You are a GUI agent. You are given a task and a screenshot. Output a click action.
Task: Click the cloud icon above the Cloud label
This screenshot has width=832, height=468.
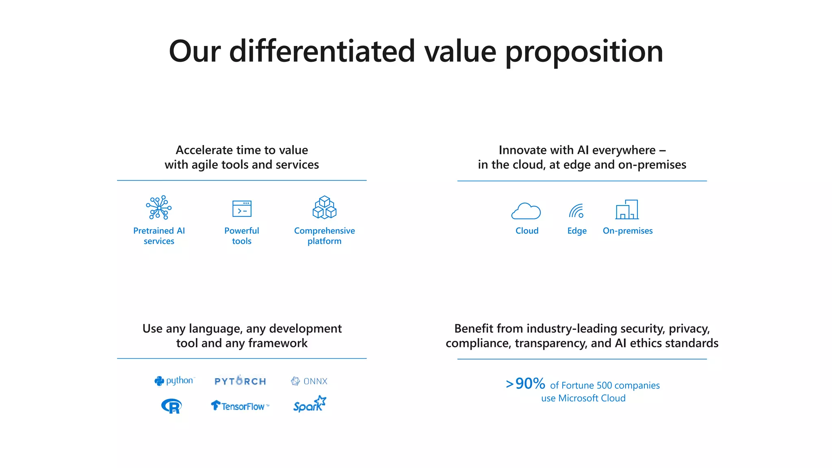[526, 211]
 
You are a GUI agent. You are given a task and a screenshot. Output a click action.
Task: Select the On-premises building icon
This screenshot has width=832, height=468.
[627, 210]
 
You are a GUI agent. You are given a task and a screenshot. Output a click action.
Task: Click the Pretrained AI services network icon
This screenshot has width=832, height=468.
[159, 208]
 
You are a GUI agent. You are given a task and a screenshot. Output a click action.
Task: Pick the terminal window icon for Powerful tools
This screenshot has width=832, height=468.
[242, 209]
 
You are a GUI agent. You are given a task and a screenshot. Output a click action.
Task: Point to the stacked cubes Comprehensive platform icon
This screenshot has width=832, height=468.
[324, 208]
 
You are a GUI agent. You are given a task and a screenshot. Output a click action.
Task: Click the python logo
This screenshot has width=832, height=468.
[175, 381]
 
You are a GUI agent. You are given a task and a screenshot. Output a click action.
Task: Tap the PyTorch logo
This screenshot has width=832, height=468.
[240, 381]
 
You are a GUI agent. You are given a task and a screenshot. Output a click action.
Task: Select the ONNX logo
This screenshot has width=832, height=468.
[309, 381]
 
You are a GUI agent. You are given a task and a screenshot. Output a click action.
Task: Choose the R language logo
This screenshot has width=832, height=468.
[171, 406]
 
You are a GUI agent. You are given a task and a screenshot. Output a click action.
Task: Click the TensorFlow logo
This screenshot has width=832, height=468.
[240, 406]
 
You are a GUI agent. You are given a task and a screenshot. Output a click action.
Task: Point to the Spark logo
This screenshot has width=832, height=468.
[310, 405]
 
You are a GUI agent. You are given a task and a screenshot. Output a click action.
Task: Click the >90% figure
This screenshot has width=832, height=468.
[526, 383]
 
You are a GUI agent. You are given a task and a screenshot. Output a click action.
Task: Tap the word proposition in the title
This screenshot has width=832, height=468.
[584, 52]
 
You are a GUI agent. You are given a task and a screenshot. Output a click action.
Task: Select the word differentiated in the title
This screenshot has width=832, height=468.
[322, 52]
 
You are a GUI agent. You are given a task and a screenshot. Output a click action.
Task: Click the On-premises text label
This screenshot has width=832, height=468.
[628, 231]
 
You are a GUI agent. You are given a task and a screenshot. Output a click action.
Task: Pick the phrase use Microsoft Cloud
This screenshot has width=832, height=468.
[583, 398]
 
